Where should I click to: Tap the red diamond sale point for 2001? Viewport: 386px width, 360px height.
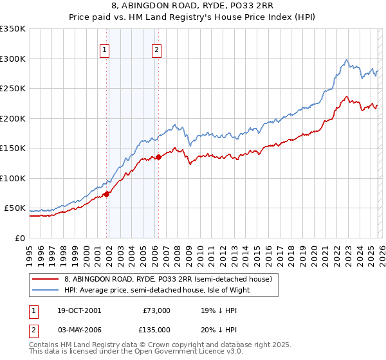coord(107,194)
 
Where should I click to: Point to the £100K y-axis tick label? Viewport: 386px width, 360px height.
coord(13,178)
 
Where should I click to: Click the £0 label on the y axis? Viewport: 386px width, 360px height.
coord(19,238)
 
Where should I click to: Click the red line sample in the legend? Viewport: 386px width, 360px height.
coord(46,280)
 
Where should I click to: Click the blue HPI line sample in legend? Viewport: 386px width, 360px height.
coord(46,290)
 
